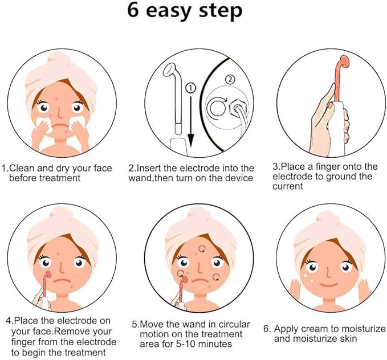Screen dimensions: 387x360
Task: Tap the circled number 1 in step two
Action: click(x=191, y=88)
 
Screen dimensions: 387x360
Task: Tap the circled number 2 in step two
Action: click(x=230, y=79)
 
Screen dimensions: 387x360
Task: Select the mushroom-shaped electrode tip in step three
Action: click(x=343, y=62)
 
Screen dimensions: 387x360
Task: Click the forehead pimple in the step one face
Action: click(x=57, y=99)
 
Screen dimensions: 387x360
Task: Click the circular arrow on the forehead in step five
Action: click(x=202, y=249)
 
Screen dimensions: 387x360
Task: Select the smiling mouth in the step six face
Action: click(x=328, y=284)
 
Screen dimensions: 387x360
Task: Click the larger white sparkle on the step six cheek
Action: click(x=305, y=275)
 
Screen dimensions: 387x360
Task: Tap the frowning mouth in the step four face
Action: click(x=62, y=281)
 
